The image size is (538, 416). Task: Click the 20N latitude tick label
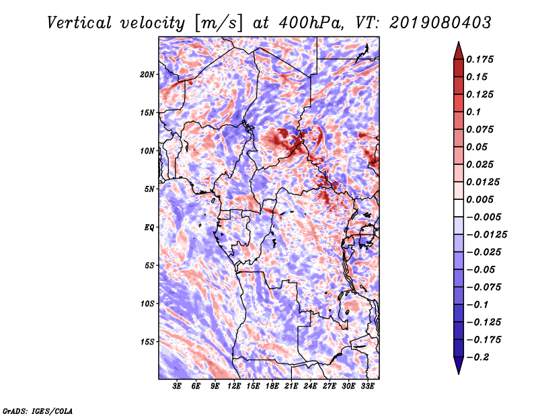click(147, 74)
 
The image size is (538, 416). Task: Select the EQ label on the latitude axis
click(149, 228)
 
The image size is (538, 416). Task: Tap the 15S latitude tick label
click(147, 342)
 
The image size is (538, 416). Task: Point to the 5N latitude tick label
click(149, 189)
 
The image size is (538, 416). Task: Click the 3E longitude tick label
click(177, 386)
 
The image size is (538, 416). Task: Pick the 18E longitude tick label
click(272, 386)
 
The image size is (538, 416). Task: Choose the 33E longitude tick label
click(367, 386)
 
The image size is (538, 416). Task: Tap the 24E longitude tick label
click(310, 386)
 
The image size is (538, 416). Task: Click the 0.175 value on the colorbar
click(479, 59)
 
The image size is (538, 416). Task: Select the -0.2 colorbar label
click(477, 357)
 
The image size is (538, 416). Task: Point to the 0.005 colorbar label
click(479, 199)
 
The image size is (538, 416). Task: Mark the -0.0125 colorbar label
click(486, 235)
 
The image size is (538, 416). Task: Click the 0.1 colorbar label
click(473, 112)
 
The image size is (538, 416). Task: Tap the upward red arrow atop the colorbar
click(459, 50)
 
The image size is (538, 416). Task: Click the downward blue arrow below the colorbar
click(459, 366)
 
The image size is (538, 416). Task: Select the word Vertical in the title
click(79, 23)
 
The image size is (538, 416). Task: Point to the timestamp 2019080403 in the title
click(440, 23)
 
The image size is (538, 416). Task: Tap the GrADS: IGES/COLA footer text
click(38, 411)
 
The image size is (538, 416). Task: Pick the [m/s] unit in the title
click(219, 24)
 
